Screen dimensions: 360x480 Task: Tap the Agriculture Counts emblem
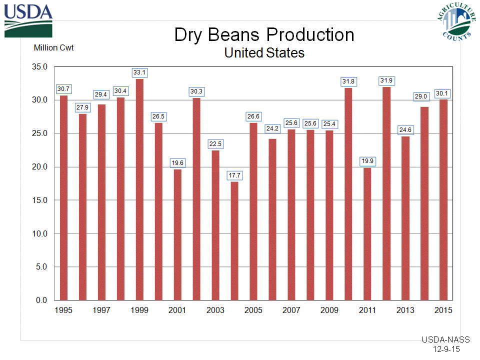coord(456,21)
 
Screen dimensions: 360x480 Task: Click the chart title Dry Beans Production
coord(264,35)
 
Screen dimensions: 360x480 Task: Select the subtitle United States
coord(264,52)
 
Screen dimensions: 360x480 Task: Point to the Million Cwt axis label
coord(53,48)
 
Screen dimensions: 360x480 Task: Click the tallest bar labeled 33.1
coord(139,190)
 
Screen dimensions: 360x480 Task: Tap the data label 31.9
coord(386,80)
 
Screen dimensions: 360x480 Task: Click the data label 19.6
coord(177,162)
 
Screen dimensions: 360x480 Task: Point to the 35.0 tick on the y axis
coord(39,67)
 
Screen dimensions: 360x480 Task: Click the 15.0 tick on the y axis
coord(39,200)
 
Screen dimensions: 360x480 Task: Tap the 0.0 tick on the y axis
coord(41,300)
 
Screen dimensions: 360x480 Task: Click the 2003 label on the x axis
coord(215,310)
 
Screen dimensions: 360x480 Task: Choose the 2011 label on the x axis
coord(367,310)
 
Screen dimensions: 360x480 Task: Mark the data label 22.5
coord(215,144)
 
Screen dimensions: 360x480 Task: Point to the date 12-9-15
coord(447,349)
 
